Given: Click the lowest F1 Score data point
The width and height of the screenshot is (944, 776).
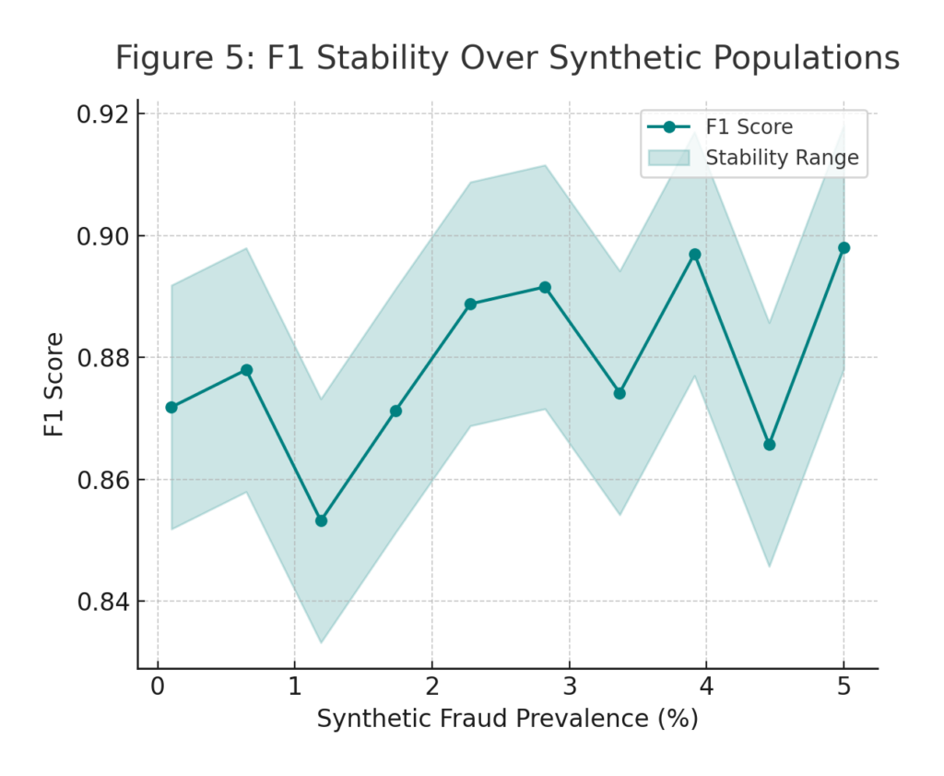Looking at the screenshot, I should click(x=321, y=520).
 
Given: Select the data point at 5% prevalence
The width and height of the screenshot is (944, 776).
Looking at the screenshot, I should click(x=844, y=247).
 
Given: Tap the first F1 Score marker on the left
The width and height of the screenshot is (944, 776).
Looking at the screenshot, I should click(x=171, y=407).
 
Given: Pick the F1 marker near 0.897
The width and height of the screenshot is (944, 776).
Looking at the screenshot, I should click(x=695, y=254).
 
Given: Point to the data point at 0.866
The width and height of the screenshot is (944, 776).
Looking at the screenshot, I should click(x=770, y=445).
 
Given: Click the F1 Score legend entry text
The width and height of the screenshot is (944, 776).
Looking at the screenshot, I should click(x=749, y=127).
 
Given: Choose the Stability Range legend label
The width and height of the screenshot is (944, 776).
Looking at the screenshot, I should click(x=782, y=158).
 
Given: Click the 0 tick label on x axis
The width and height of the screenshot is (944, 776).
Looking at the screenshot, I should click(x=158, y=688).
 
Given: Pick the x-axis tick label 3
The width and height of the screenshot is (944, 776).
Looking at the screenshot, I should click(x=569, y=688).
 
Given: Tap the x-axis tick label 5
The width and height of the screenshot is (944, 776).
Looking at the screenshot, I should click(x=844, y=688).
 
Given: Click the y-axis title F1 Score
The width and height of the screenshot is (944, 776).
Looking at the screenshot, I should click(x=56, y=384).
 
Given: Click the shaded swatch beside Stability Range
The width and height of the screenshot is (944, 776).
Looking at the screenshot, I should click(x=669, y=158).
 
